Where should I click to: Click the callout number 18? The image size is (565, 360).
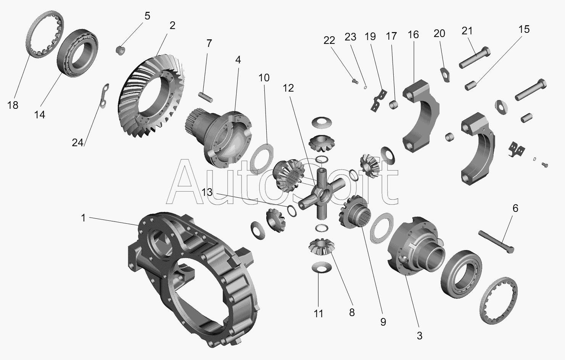[x=13, y=105]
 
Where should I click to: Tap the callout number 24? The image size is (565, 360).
[x=77, y=143]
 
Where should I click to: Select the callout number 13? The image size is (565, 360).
[x=207, y=192]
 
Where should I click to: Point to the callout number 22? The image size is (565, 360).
[x=329, y=40]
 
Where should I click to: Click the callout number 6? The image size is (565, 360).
[x=515, y=208]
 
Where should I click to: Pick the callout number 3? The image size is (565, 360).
[x=420, y=336]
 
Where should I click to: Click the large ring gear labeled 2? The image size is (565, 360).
[x=151, y=96]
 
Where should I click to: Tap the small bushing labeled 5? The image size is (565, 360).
[x=120, y=50]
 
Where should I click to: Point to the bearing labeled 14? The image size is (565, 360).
[x=78, y=53]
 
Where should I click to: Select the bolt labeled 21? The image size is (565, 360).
[x=475, y=57]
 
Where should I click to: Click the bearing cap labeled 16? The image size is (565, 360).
[x=420, y=116]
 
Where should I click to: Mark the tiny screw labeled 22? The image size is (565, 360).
[x=355, y=81]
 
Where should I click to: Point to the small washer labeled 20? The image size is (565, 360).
[x=446, y=74]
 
